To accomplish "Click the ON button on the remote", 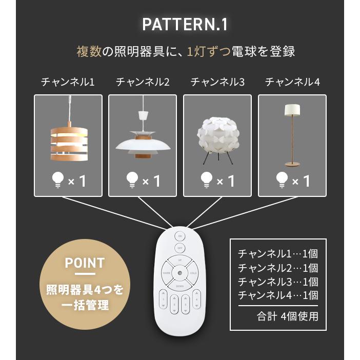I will [x=179, y=236].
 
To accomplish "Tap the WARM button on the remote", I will [x=167, y=273].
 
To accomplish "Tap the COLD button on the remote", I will [x=192, y=273].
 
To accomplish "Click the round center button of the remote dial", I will [x=179, y=273].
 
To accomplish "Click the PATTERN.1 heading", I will [x=185, y=25].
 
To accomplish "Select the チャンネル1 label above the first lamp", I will [x=68, y=82].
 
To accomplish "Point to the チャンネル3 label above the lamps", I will [x=217, y=82].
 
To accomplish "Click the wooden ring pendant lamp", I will [x=68, y=136].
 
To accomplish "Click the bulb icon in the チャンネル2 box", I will [x=133, y=179].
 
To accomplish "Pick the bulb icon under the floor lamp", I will [x=283, y=179].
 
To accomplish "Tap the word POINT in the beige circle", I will [x=85, y=263].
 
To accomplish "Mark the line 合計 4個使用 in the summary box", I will [x=287, y=316].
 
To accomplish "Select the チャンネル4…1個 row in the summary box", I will [x=278, y=295].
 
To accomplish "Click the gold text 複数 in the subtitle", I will [x=88, y=52].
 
